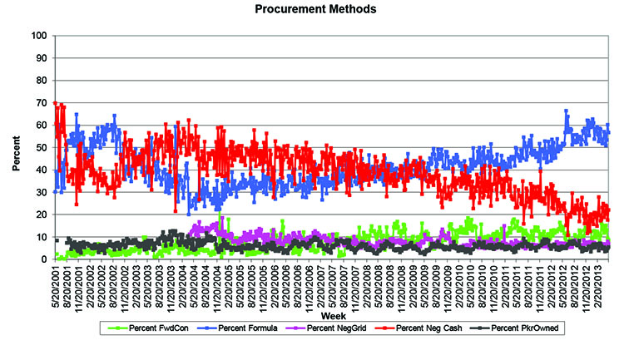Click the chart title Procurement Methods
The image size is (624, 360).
[312, 10]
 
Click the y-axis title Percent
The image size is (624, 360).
[17, 148]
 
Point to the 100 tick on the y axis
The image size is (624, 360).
[40, 36]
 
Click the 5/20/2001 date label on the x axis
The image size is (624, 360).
[55, 288]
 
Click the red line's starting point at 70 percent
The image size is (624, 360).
[55, 103]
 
